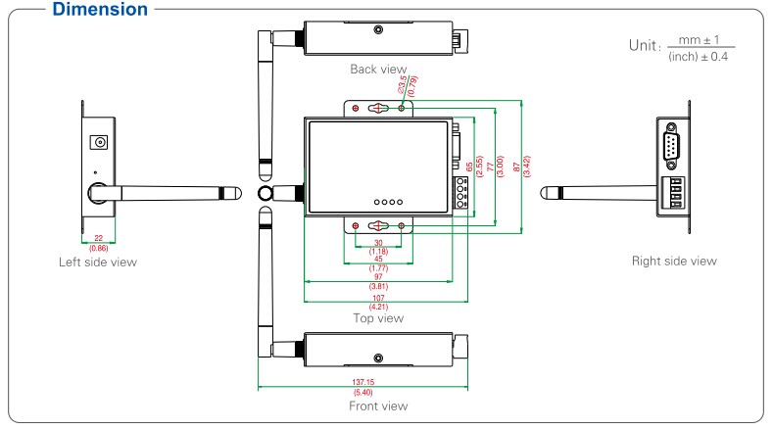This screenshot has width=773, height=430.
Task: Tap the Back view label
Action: tap(377, 70)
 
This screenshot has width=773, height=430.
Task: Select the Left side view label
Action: tap(96, 262)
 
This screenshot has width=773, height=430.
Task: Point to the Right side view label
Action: tap(677, 261)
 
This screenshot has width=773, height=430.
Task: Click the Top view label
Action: tap(377, 317)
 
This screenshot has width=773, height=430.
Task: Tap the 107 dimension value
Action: tap(377, 298)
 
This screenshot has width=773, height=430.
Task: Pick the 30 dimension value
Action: tap(377, 242)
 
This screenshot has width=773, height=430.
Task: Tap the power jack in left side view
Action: tap(98, 143)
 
